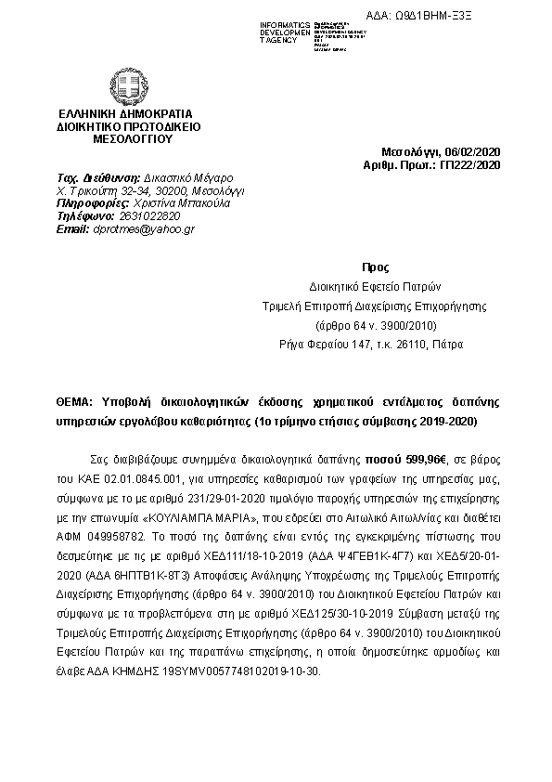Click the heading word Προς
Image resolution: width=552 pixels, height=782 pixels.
(369, 266)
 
